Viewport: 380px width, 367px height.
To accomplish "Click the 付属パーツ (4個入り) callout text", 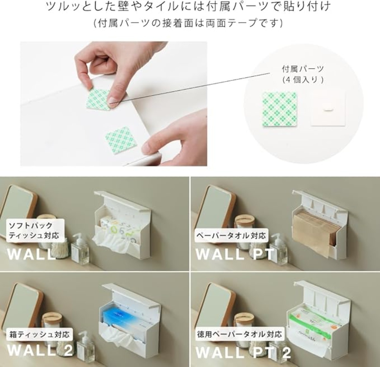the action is [303, 75].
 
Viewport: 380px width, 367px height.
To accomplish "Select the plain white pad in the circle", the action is [328, 109].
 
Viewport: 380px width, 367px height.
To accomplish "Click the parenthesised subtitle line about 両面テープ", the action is [188, 23].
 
